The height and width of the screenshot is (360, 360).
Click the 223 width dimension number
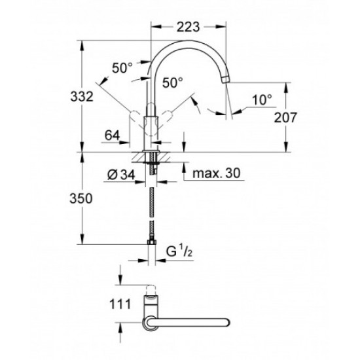[x=188, y=27]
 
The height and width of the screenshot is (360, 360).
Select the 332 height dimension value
[x=82, y=96]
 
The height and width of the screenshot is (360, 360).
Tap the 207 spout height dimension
[x=285, y=117]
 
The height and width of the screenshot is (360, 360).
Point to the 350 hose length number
[x=81, y=198]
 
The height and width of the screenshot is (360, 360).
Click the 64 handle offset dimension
[x=113, y=135]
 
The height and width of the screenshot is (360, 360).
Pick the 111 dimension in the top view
[x=120, y=304]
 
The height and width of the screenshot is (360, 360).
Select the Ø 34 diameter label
[x=121, y=175]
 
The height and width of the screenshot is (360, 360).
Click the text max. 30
[x=216, y=173]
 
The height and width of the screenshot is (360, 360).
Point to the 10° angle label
[x=262, y=100]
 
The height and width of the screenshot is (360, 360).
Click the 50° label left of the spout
[x=122, y=68]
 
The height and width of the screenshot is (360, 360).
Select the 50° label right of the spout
[x=173, y=82]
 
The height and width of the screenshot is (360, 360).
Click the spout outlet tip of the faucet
[x=226, y=79]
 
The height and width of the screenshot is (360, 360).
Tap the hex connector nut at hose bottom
[x=152, y=242]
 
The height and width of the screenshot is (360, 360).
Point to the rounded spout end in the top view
[x=227, y=322]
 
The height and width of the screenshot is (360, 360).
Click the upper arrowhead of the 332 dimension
[x=82, y=46]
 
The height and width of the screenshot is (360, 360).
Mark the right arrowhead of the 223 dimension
[x=221, y=27]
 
